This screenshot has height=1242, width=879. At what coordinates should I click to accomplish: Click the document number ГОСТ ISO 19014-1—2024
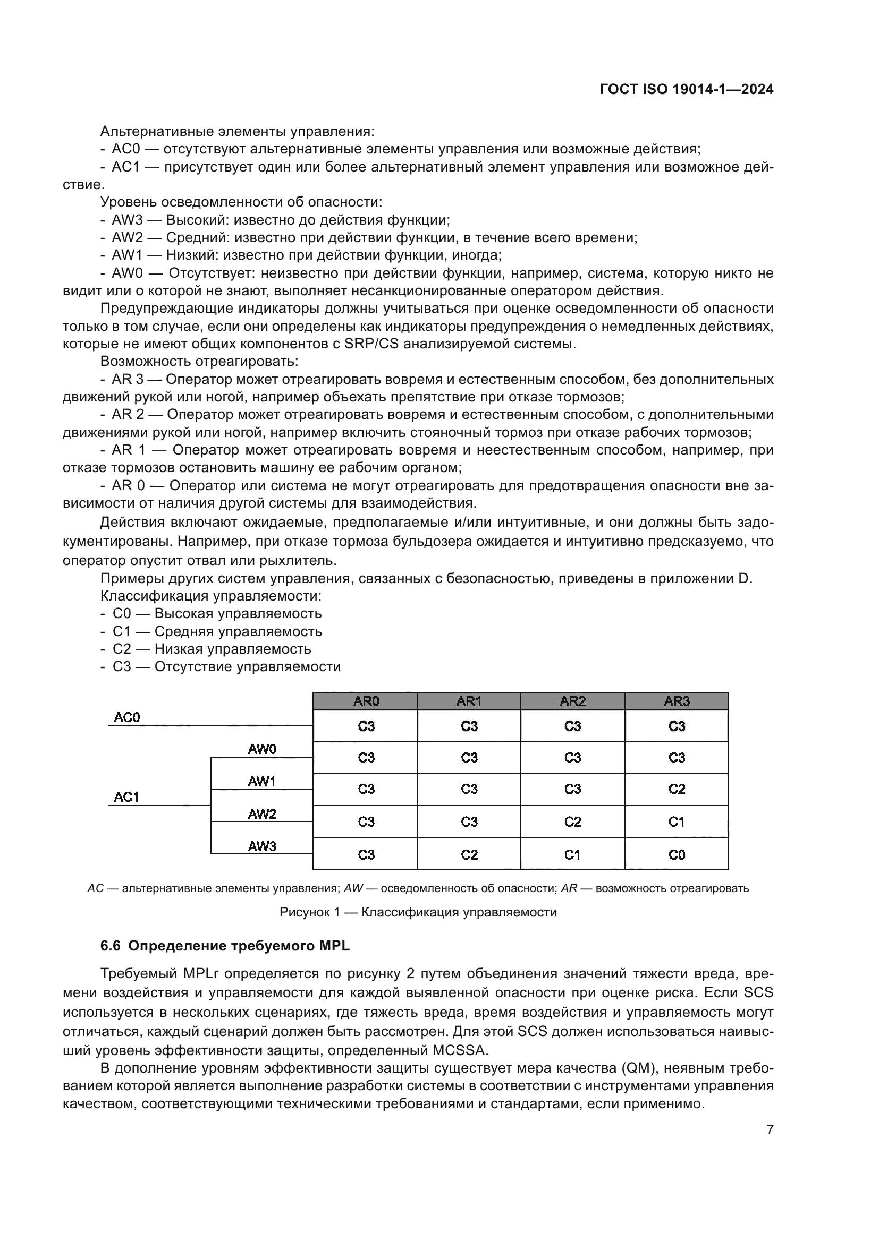686,90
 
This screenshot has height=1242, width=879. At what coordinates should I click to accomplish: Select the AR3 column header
677,701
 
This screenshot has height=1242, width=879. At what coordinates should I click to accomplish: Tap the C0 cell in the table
677,855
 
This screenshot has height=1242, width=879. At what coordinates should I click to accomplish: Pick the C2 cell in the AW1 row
677,789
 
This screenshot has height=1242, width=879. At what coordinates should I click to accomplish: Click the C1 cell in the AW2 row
677,822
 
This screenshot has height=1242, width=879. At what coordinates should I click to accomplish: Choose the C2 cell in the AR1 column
469,855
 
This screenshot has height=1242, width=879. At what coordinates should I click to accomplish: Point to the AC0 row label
126,717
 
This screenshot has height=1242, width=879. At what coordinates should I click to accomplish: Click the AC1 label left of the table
126,797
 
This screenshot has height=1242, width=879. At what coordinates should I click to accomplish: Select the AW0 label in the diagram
262,749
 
